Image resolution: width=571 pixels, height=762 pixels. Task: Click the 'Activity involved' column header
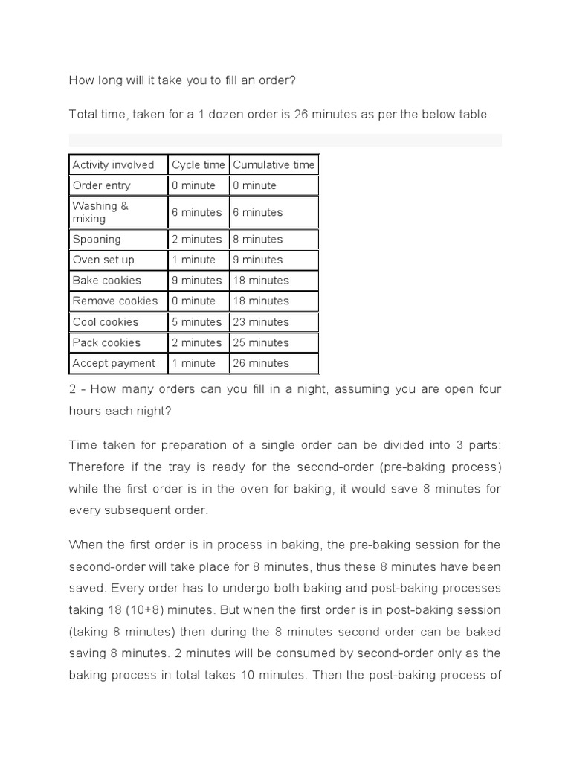click(113, 164)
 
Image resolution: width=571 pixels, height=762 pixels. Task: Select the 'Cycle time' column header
click(198, 164)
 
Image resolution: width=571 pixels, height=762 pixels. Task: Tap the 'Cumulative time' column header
click(274, 164)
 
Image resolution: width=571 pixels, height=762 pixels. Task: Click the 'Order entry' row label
click(101, 185)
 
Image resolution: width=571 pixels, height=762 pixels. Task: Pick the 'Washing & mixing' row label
click(100, 212)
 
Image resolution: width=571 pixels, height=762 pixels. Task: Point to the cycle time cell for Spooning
click(197, 240)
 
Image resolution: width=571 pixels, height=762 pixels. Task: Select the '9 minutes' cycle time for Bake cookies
click(197, 281)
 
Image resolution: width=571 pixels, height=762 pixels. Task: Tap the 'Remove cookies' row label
click(115, 301)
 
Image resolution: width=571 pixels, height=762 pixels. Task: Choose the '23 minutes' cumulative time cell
click(259, 322)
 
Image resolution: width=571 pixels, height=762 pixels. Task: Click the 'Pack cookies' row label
click(106, 342)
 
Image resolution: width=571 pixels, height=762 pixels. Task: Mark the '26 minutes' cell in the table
click(259, 363)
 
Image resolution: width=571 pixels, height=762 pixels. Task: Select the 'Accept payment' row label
click(114, 363)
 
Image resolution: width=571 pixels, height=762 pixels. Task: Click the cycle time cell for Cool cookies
click(197, 322)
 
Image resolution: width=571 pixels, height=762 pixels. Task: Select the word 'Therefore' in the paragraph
click(95, 467)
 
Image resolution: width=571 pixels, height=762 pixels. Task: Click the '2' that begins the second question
click(72, 390)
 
